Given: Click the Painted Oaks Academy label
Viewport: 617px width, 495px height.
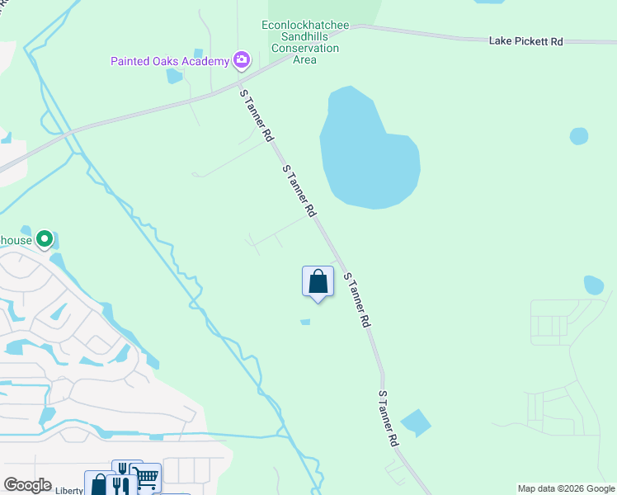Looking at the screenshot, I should (170, 61).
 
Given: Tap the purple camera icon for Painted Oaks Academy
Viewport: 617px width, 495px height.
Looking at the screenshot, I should (241, 59).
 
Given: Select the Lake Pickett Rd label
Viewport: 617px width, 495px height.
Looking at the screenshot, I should (525, 40).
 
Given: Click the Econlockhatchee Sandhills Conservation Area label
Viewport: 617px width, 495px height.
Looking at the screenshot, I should (300, 37).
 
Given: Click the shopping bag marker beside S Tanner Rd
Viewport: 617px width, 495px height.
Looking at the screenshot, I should (318, 282).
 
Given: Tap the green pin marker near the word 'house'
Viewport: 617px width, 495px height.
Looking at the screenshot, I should (45, 239).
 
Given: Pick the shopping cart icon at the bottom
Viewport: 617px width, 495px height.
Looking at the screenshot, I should (146, 477).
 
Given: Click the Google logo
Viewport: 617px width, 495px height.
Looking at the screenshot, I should (28, 485).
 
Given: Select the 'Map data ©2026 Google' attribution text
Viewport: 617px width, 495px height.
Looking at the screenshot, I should (566, 488).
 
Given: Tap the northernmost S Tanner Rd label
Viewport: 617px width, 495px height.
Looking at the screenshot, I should (256, 115).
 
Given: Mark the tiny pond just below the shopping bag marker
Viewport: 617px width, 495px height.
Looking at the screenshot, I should (305, 322).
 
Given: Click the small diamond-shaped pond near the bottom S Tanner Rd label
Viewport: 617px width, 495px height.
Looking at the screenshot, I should (415, 423).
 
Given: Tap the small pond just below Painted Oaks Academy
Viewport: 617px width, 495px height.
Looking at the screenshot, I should (174, 77).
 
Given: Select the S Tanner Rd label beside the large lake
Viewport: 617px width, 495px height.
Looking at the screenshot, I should (299, 191).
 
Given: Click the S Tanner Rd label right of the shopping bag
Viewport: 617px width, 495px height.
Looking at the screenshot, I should (356, 301).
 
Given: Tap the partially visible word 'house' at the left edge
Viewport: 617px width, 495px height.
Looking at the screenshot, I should (16, 240).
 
